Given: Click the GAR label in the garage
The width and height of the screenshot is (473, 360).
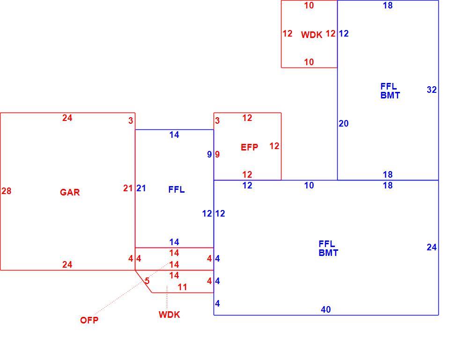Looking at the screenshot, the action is point(70,192).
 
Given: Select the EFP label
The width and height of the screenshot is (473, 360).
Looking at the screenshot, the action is point(250,147).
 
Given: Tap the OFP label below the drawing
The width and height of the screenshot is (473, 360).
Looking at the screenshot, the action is point(89,320).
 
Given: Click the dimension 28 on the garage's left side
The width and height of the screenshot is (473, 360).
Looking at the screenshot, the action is point(7,191).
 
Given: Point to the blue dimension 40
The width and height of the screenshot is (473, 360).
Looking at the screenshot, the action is point(326,309).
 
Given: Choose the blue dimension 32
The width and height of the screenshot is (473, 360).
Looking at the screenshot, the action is point(432,90).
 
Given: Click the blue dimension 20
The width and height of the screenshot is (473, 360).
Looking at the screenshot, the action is point(344,124).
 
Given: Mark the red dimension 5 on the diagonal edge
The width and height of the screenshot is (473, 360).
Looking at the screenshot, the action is point(147,281).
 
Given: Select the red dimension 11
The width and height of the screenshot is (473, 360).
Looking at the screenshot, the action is point(182,287).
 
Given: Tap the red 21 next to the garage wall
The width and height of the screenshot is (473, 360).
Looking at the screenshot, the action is point(128,188).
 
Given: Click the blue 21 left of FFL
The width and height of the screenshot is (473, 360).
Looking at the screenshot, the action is point(141,188).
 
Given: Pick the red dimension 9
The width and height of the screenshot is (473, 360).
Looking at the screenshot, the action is point(217,155).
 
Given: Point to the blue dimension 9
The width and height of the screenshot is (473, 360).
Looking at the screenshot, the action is point(209,155).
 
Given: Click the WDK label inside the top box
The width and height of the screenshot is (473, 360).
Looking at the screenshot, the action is point(311,35).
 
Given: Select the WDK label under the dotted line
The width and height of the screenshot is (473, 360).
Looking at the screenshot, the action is point(169,315).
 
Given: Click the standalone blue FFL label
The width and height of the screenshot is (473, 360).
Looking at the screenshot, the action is point(177,190).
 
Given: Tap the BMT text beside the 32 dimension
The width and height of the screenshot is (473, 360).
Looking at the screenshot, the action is point(390,96).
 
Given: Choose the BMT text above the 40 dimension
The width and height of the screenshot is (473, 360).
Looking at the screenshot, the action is point(328,253).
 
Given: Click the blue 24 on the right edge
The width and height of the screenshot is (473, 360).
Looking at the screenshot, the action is point(432,247).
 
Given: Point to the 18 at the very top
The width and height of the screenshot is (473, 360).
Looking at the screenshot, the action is point(388,6).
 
